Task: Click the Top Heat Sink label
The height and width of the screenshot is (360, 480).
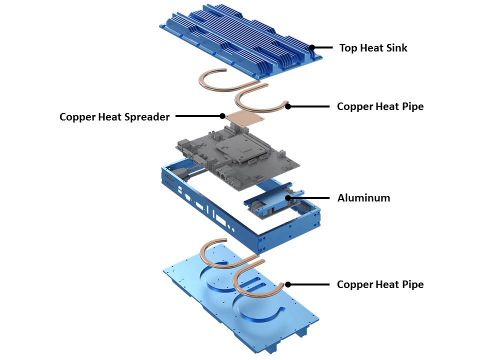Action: pyautogui.click(x=373, y=48)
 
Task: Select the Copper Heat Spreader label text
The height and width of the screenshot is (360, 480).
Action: pyautogui.click(x=114, y=117)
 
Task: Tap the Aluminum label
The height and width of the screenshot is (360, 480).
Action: pyautogui.click(x=363, y=197)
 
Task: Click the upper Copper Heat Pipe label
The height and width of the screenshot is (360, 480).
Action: pyautogui.click(x=380, y=106)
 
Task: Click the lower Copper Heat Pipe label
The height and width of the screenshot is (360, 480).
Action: pyautogui.click(x=380, y=284)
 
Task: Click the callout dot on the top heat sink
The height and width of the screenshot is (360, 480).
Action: pyautogui.click(x=312, y=48)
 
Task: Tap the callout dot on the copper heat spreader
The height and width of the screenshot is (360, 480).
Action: pyautogui.click(x=222, y=116)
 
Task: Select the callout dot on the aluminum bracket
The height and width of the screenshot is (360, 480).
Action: pyautogui.click(x=288, y=198)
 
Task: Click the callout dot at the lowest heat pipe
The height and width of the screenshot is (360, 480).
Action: pyautogui.click(x=288, y=284)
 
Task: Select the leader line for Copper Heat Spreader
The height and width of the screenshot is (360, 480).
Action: pyautogui.click(x=197, y=116)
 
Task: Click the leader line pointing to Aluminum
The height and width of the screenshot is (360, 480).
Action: pyautogui.click(x=310, y=198)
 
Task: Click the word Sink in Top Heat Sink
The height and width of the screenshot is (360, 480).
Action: pyautogui.click(x=397, y=48)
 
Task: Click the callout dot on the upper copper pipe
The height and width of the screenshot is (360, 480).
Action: pyautogui.click(x=288, y=106)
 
